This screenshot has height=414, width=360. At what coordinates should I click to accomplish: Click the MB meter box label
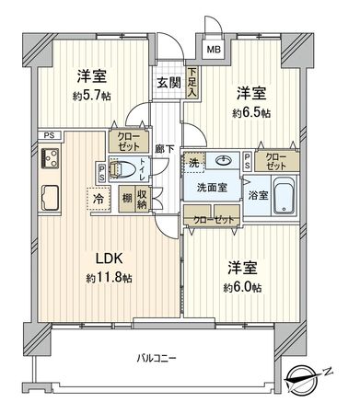[x=213, y=51]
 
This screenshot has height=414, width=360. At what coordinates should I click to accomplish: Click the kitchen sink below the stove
[x=50, y=194]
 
